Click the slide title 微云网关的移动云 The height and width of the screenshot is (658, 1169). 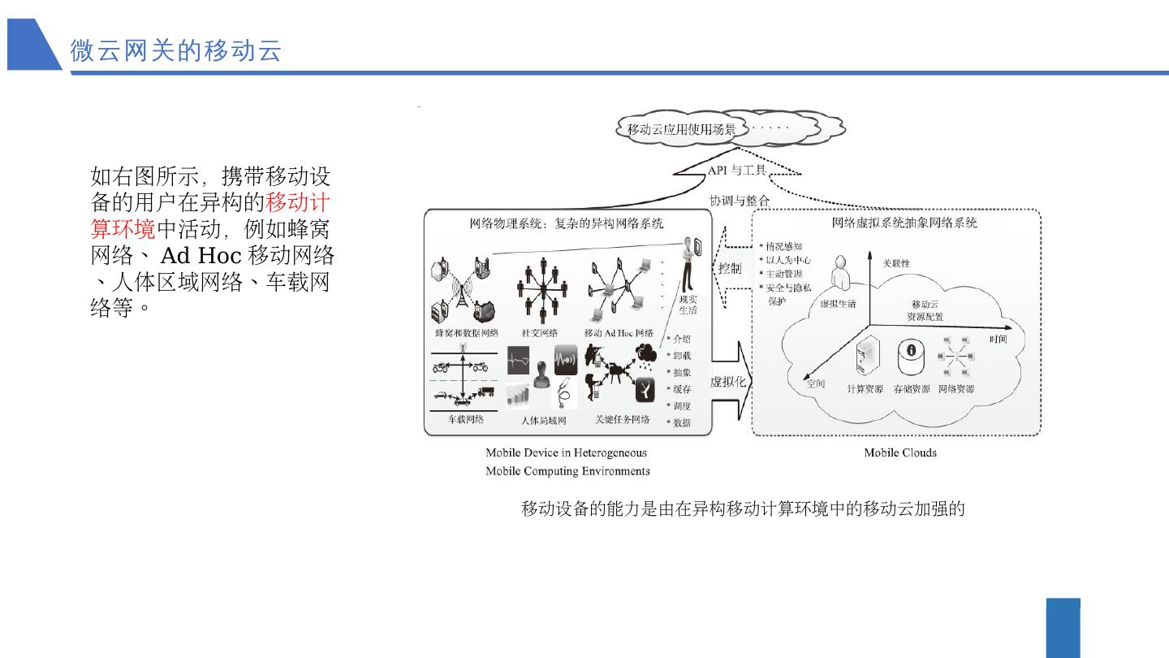[x=176, y=50]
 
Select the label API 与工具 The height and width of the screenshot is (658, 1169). [x=736, y=171]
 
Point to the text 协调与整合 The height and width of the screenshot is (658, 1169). [x=739, y=200]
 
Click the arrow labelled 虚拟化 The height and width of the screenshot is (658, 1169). [x=729, y=382]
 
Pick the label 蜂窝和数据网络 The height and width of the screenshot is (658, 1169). [x=467, y=333]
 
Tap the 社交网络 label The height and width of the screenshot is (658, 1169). [x=540, y=333]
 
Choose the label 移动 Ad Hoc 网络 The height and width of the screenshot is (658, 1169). [x=619, y=333]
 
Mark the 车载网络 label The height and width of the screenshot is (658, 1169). [x=466, y=420]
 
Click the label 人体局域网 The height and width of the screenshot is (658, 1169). [x=543, y=421]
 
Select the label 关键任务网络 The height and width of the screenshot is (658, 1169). [x=623, y=420]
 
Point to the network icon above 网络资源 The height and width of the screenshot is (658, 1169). [x=955, y=357]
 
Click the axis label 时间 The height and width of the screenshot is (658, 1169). [x=998, y=340]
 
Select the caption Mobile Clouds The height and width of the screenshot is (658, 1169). [x=899, y=452]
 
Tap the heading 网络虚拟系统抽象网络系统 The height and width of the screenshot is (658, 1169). [x=904, y=223]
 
